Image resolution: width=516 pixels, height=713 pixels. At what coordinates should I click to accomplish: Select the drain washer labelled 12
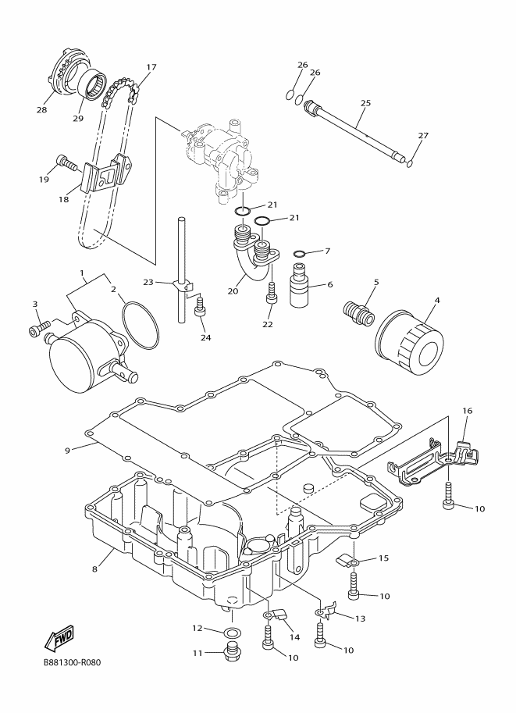click(x=233, y=632)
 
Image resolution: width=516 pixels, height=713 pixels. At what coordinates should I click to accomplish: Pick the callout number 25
click(x=365, y=103)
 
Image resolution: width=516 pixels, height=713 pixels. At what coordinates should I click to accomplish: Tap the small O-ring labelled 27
click(x=411, y=163)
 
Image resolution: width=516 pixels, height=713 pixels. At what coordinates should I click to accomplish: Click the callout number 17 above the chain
click(x=151, y=67)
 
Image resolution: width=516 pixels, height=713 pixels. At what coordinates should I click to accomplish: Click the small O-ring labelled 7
click(x=300, y=253)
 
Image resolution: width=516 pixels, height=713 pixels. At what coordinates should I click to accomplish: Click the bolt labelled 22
click(x=272, y=293)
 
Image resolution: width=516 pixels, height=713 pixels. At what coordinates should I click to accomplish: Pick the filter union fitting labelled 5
click(x=358, y=313)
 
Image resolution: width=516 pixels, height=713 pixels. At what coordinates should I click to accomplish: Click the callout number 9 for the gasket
click(x=67, y=450)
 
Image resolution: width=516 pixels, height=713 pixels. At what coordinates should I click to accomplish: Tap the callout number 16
click(x=468, y=411)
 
